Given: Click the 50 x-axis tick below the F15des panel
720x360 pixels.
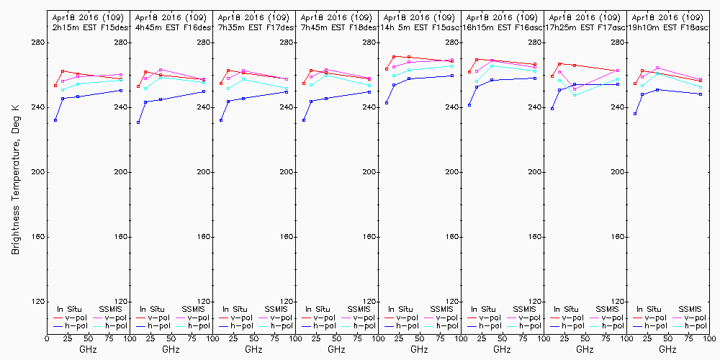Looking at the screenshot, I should pos(87,338).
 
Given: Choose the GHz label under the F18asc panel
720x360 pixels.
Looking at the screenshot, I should pos(667,349).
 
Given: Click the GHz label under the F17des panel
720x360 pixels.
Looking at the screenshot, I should pos(253,349).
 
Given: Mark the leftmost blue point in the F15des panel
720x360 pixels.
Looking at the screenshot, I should pos(55,120).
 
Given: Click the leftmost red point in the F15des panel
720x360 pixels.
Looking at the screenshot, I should pos(55,86).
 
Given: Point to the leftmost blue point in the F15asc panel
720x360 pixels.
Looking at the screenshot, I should pos(387,103).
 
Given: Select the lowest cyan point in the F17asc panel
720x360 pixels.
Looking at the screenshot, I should pos(575,95).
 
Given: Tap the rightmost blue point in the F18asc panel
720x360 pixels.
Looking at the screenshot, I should pos(701,94).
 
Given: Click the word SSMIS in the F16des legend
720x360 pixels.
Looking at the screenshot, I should pos(194,309).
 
